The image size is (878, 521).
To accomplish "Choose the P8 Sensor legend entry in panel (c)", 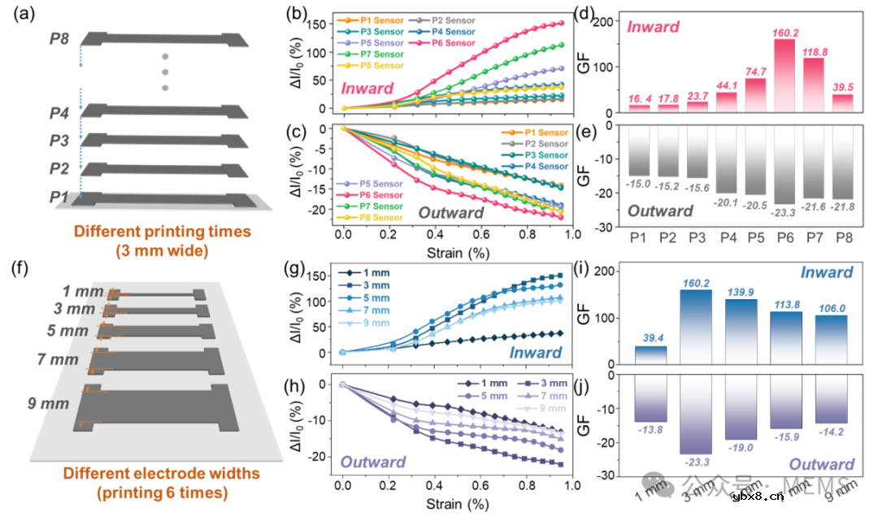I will [380, 218].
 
